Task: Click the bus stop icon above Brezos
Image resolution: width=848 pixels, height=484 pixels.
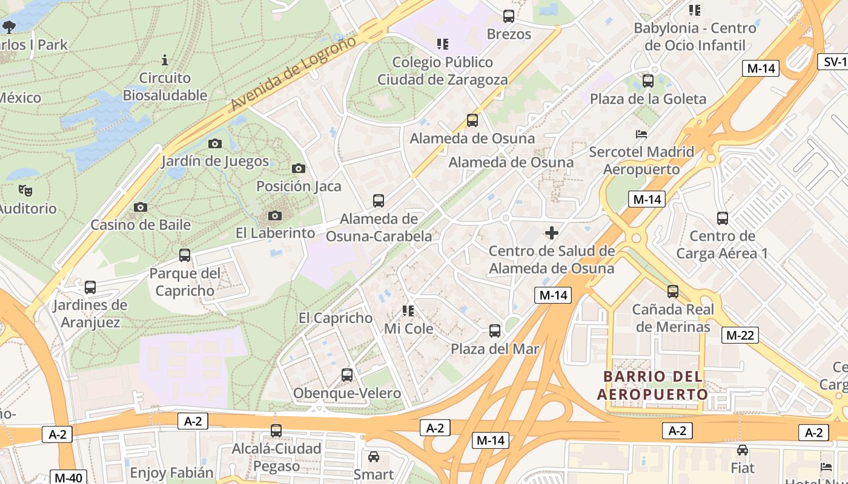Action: click(509, 16)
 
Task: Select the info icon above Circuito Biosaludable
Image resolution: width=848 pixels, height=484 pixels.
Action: click(165, 60)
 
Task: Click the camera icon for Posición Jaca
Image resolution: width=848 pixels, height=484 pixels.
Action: click(298, 169)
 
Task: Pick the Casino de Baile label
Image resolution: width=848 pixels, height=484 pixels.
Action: click(141, 224)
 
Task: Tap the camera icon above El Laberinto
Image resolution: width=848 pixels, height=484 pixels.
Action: click(274, 216)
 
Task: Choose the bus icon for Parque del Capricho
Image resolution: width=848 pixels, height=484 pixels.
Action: click(185, 255)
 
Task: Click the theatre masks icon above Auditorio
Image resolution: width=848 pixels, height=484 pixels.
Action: click(25, 191)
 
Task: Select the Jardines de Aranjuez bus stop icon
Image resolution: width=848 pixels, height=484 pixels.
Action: click(90, 287)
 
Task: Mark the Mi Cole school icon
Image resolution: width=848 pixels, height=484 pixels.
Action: click(408, 311)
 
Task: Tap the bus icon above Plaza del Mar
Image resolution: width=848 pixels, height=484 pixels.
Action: click(495, 331)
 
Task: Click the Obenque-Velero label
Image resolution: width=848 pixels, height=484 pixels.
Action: click(347, 393)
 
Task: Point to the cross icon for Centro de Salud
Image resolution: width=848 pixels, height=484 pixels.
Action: click(552, 232)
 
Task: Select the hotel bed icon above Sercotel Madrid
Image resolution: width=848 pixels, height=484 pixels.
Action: click(641, 134)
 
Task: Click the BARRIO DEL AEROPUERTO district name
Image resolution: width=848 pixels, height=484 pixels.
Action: click(653, 385)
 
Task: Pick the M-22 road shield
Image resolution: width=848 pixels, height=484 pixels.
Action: click(740, 335)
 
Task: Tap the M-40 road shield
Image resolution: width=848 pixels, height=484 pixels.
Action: click(68, 477)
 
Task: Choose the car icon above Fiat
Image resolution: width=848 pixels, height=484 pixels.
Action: click(743, 450)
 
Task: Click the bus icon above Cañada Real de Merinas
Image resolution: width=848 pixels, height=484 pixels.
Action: click(672, 292)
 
